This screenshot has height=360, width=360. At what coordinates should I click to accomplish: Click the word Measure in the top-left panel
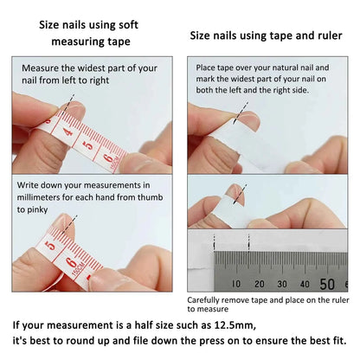point(42,67)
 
